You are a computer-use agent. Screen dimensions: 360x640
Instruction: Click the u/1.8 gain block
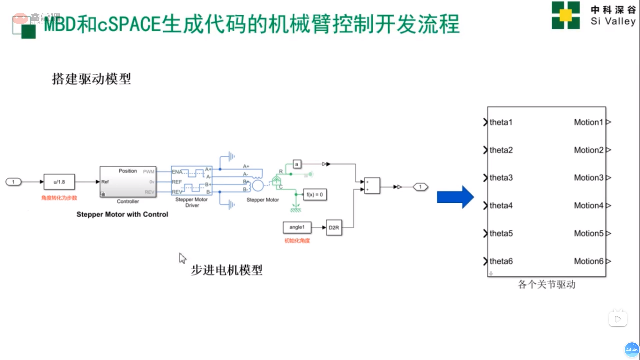tap(59, 182)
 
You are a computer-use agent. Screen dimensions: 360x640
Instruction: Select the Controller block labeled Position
tap(128, 182)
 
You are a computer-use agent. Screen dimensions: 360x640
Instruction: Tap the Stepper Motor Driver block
tap(191, 181)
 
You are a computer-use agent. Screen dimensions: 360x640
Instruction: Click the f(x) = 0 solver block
tap(315, 195)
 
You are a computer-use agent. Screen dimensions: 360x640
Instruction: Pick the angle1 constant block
tap(297, 227)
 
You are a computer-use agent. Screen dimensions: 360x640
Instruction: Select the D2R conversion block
tap(334, 228)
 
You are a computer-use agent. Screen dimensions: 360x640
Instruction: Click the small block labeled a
tap(296, 164)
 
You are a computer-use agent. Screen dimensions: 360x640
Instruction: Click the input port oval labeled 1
tap(13, 182)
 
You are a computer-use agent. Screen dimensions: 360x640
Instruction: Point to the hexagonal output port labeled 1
tap(420, 187)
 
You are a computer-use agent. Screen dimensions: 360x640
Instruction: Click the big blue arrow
tap(455, 197)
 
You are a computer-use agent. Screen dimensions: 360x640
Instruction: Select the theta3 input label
tap(501, 178)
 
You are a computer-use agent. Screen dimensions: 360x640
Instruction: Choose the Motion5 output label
tap(588, 233)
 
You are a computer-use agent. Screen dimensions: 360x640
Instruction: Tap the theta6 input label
tap(501, 261)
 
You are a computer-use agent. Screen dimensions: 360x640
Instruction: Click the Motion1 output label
tap(588, 122)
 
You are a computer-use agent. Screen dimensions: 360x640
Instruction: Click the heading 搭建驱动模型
tap(91, 79)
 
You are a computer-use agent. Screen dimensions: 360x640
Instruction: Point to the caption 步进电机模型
tap(227, 270)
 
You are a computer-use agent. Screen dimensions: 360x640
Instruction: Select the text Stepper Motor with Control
tap(122, 214)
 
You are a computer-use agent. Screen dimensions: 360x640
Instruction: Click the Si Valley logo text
tap(613, 21)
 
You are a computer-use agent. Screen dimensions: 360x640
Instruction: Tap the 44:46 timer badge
tap(631, 350)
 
